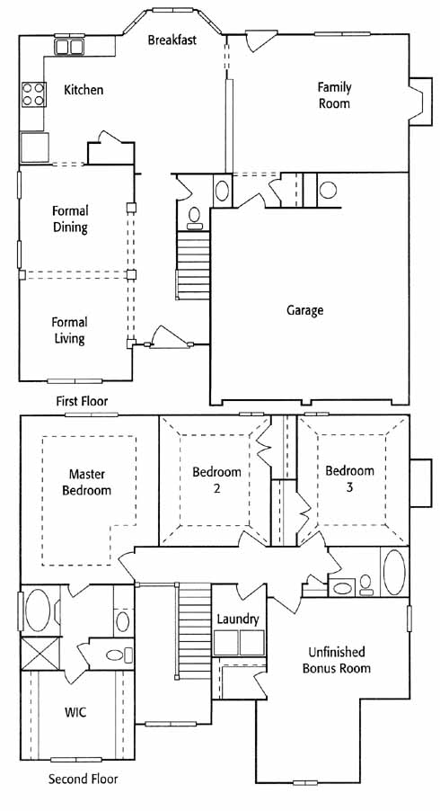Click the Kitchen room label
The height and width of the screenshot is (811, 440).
pos(84,90)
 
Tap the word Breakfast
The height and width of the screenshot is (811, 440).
pos(172,40)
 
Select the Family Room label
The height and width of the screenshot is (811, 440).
pos(334,95)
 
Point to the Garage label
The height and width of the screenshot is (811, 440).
pos(304,310)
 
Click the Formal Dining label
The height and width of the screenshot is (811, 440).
pos(70,218)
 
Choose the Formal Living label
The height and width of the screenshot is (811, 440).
pos(69,331)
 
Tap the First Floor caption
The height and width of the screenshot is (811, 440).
pos(82,401)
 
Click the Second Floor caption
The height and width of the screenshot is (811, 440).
pos(83,779)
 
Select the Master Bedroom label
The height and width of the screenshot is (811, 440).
pos(87,482)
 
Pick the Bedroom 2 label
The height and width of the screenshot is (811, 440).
pos(216,480)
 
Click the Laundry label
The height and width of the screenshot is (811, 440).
pos(238,619)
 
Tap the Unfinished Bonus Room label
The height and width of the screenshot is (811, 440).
pos(336,660)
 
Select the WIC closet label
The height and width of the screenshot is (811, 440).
pos(75,712)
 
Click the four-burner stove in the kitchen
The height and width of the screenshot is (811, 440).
pos(33,94)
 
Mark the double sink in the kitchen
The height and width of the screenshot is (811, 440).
pos(69,47)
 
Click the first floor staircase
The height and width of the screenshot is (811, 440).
pos(193,265)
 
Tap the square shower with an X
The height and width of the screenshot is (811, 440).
pos(40,654)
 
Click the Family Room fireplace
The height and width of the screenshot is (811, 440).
pos(420,102)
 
